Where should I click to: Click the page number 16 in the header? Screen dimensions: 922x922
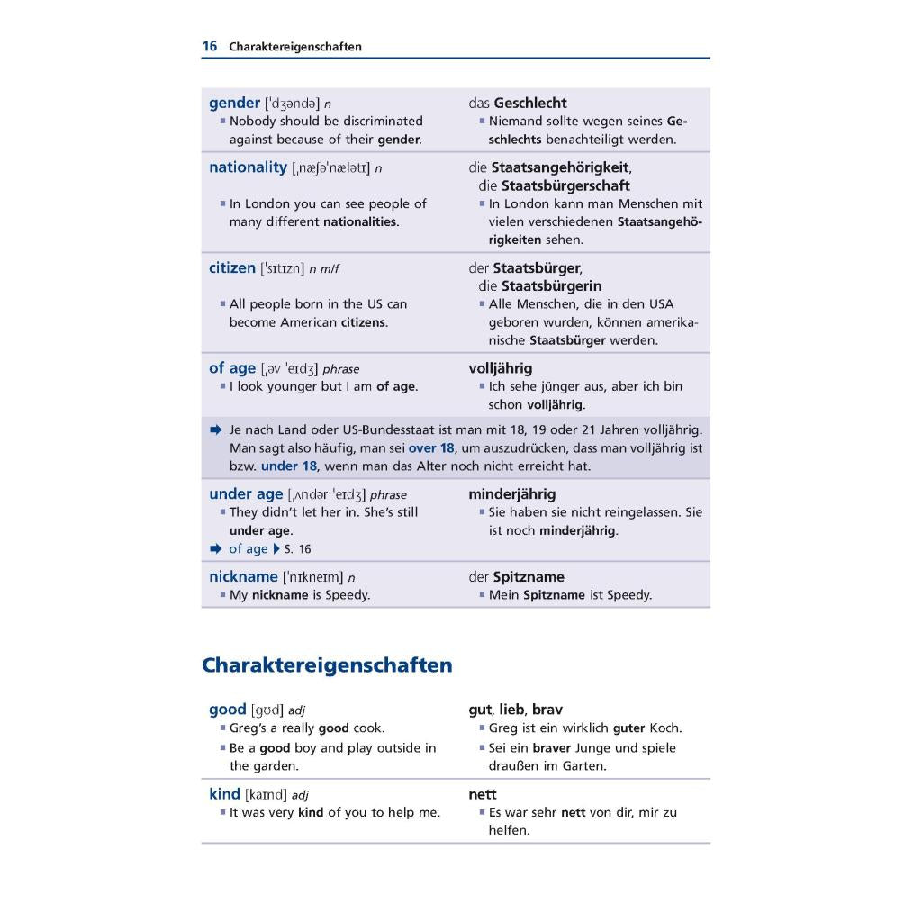coord(209,46)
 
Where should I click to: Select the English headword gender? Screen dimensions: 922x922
coord(234,103)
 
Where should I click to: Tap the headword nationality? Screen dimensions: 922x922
coord(248,167)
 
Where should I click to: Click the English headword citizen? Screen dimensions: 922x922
coord(232,267)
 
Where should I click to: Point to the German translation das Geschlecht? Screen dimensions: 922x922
coord(518,103)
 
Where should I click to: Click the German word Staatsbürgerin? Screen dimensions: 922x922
coord(551,286)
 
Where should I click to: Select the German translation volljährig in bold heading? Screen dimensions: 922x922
coord(500,368)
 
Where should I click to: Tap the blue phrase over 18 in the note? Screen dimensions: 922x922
coord(431,448)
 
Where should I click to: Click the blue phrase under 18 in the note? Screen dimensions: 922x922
coord(289,466)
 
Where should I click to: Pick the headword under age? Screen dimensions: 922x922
coord(246,494)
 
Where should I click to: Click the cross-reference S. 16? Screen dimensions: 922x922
coord(297,549)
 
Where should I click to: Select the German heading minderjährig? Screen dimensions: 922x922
coord(511,494)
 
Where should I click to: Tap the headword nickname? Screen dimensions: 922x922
coord(243,576)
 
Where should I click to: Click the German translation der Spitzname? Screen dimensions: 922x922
coord(517,576)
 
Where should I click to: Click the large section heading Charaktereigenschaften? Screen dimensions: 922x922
coord(327,665)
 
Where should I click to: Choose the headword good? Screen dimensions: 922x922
coord(227,710)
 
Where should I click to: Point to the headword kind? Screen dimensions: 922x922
coord(224,794)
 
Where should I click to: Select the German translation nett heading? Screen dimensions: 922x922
coord(483,794)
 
